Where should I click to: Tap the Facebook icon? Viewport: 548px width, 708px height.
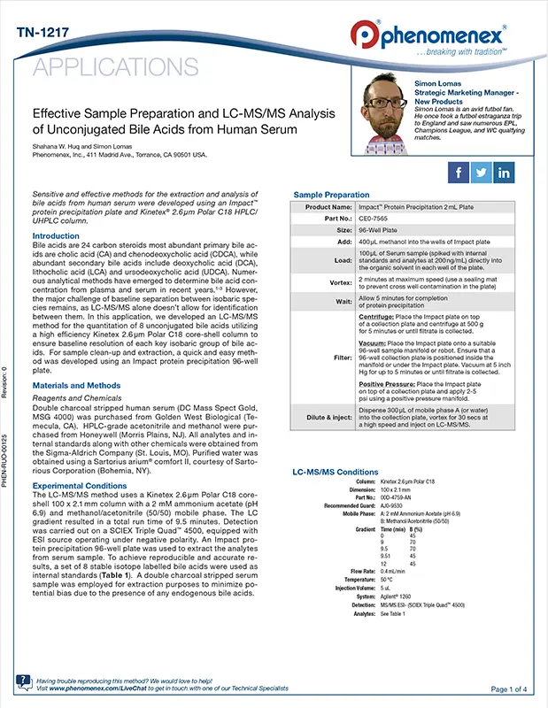(459, 172)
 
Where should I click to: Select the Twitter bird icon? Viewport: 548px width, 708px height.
(482, 172)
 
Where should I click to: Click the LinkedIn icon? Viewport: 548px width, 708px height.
(505, 172)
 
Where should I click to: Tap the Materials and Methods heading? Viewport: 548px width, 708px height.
(76, 385)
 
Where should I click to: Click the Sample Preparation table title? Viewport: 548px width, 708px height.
(331, 195)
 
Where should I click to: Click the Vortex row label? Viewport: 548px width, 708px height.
(340, 281)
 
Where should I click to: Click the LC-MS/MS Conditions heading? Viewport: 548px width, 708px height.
(336, 472)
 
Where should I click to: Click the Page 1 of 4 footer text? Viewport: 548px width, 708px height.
(509, 689)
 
